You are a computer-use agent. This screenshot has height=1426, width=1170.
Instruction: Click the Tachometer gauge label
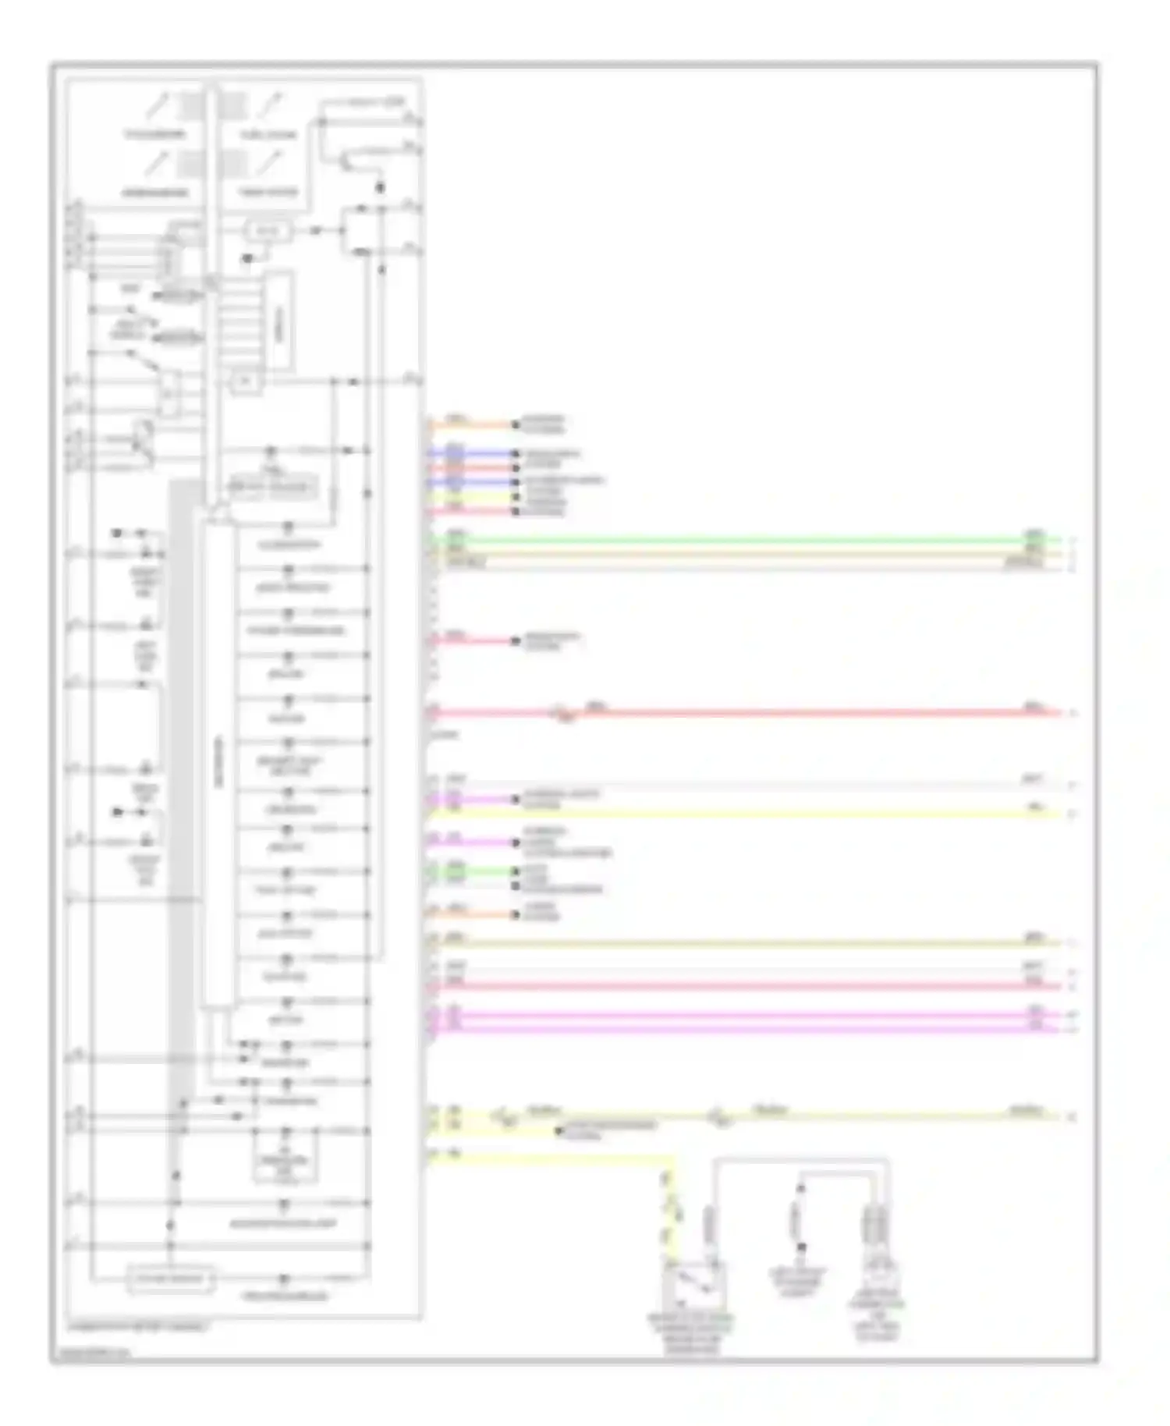click(156, 134)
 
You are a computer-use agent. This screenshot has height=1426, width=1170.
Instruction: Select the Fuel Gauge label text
click(268, 135)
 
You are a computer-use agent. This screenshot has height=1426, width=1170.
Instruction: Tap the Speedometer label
click(154, 192)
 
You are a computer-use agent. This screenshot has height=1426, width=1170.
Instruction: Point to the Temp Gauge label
click(268, 192)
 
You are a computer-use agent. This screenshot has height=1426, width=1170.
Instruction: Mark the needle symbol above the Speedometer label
click(161, 162)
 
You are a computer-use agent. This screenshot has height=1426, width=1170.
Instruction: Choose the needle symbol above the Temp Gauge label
click(272, 162)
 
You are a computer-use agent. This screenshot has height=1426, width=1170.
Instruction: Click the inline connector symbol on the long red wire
click(563, 714)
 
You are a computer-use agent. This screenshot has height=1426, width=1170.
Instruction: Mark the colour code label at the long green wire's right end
click(1034, 534)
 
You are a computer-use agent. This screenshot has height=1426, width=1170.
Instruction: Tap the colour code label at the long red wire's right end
click(1034, 708)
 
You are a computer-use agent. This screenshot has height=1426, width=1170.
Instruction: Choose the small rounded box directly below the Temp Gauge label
click(268, 231)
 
